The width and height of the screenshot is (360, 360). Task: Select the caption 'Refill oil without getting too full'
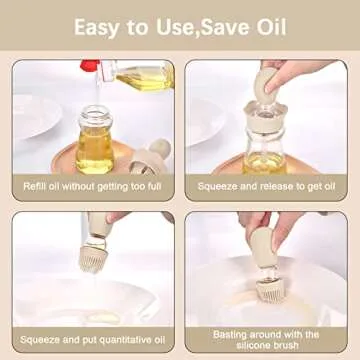point(93,187)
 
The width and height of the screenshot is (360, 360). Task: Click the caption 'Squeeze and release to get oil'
point(265,187)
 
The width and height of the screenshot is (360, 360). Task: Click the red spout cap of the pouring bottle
point(91,67)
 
